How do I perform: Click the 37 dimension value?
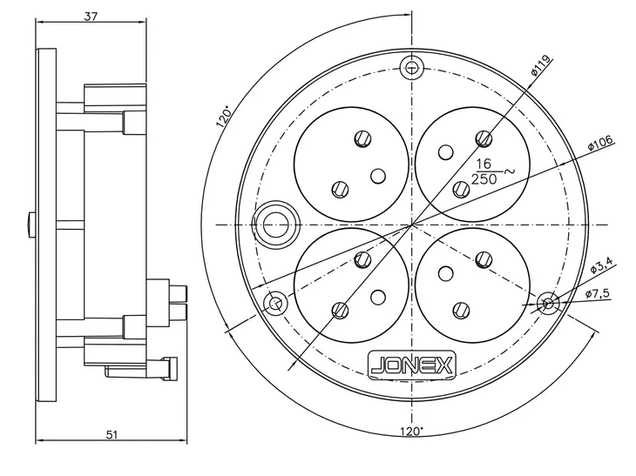click(x=91, y=17)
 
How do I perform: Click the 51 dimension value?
click(x=112, y=435)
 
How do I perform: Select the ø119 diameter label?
click(x=542, y=65)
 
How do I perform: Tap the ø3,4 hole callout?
click(x=602, y=265)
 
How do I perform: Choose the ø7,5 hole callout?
click(x=598, y=294)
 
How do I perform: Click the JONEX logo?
click(x=412, y=365)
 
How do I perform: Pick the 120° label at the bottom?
click(x=412, y=432)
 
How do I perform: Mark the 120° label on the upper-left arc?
click(x=225, y=117)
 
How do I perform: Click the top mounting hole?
click(x=412, y=68)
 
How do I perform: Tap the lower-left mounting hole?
click(x=276, y=303)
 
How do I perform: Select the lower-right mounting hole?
click(x=548, y=303)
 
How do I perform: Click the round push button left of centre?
click(x=276, y=225)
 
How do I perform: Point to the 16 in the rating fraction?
click(x=484, y=164)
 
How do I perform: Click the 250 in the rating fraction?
click(x=484, y=178)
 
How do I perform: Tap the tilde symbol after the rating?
click(x=509, y=171)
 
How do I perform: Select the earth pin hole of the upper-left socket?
click(x=378, y=176)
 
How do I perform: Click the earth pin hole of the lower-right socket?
click(x=445, y=274)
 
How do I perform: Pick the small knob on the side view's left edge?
click(x=32, y=225)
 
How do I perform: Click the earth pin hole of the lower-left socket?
click(x=378, y=298)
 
